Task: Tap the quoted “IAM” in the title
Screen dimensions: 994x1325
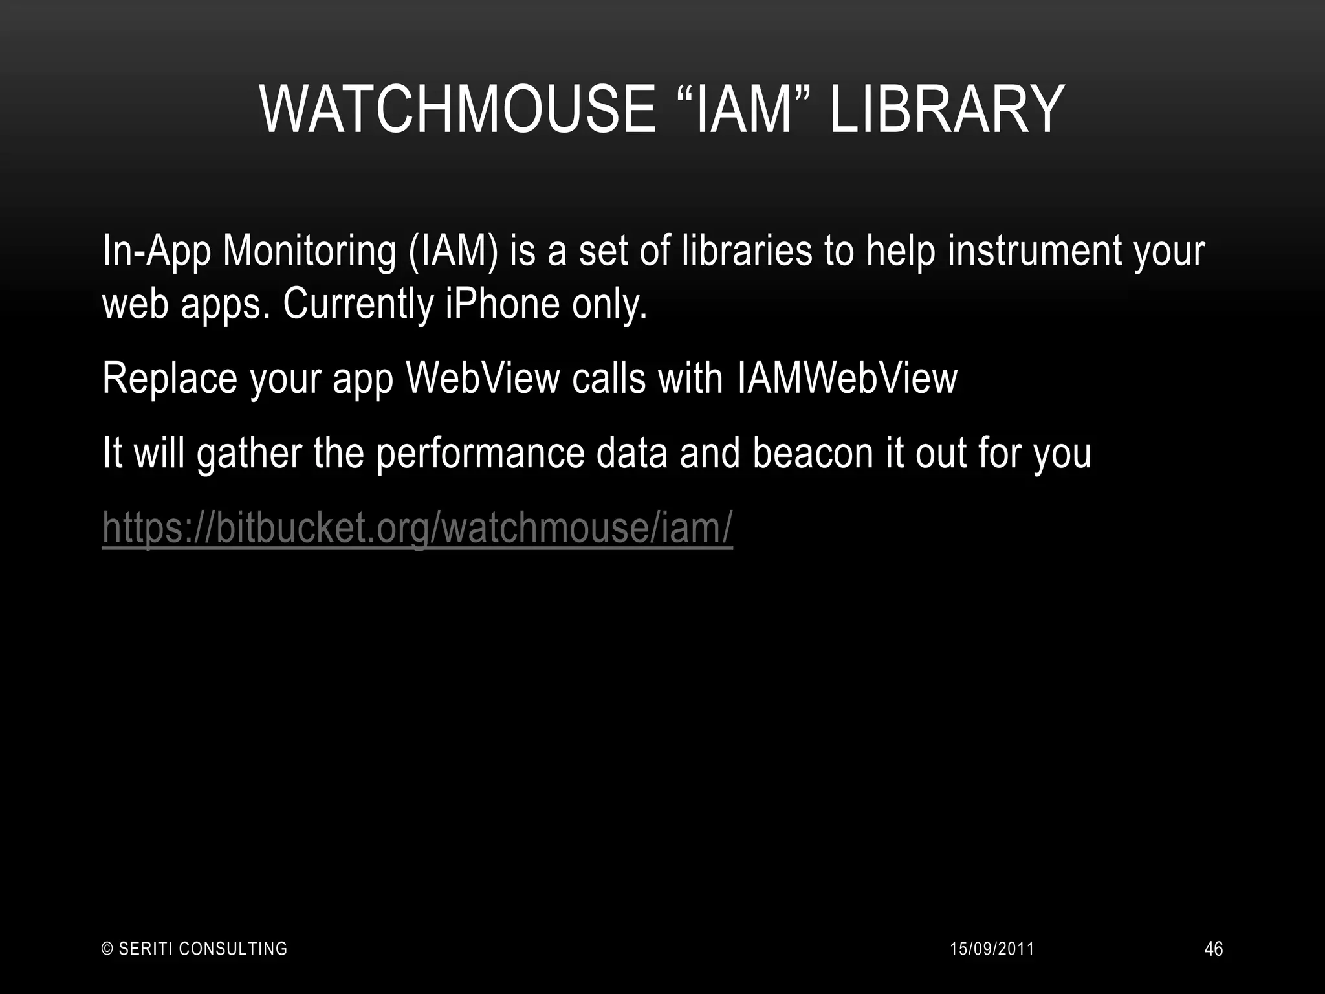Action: (744, 110)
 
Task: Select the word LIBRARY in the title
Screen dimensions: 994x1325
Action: (947, 110)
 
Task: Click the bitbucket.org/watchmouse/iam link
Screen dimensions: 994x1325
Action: (417, 527)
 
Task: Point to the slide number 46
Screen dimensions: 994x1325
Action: (1214, 949)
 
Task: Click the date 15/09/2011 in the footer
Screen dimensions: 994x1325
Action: (992, 949)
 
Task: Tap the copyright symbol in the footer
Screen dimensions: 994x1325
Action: (108, 949)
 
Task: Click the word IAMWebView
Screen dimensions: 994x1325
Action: (847, 379)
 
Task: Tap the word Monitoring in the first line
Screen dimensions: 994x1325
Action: (309, 251)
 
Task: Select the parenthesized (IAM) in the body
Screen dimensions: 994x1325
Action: (454, 251)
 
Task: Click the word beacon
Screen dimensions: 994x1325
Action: (813, 453)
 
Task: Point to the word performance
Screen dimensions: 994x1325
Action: (480, 453)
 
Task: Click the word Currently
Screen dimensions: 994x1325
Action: (358, 304)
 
